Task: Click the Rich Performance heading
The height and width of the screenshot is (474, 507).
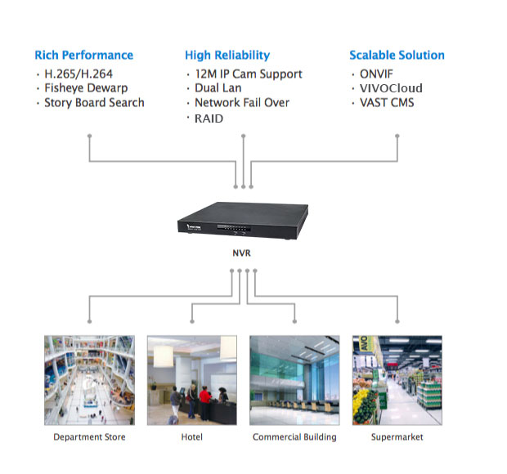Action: pos(83,55)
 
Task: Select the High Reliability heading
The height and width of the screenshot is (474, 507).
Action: pos(227,56)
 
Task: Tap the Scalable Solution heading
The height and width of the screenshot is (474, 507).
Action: pos(397,55)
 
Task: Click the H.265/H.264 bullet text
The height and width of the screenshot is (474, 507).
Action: pos(79,74)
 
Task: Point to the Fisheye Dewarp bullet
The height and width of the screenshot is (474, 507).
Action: pos(86,88)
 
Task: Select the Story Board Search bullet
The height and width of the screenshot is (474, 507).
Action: pos(94,103)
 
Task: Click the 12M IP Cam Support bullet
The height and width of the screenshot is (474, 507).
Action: pos(249,74)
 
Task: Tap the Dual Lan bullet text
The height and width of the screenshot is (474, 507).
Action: pos(218,88)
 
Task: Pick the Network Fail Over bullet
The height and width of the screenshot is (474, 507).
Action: pos(242,103)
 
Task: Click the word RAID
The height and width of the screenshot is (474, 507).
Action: pos(209,118)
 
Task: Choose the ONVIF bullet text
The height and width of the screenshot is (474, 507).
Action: pos(376,74)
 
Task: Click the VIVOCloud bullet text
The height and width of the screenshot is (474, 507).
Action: pos(391,88)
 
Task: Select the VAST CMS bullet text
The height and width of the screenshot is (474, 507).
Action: pos(387,103)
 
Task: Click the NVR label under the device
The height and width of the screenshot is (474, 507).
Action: pos(241,253)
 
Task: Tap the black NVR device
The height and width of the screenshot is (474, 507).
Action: pos(243,221)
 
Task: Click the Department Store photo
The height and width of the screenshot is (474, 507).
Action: pos(90,380)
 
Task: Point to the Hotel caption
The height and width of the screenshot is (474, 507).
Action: pos(191,437)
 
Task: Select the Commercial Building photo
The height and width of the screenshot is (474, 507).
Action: pos(294,380)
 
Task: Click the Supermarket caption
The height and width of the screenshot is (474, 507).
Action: pos(397,437)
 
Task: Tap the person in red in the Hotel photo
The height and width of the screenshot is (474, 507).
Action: pos(205,400)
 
